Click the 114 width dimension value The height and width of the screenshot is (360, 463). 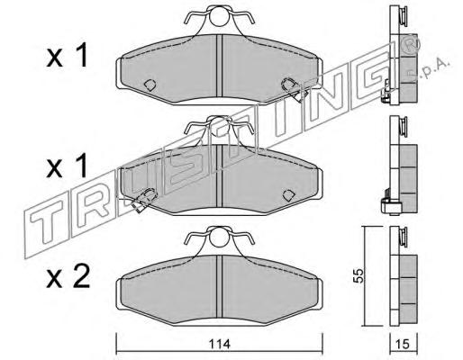[219, 344]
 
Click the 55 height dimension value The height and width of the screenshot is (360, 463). [359, 275]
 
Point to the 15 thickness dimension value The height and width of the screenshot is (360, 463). [404, 345]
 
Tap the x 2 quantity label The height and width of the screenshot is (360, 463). [68, 278]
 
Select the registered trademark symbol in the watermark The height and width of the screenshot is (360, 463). [411, 44]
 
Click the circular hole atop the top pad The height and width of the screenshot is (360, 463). [219, 16]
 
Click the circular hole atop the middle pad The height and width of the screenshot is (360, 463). [219, 127]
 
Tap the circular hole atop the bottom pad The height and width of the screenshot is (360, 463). [219, 238]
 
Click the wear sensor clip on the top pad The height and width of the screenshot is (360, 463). [294, 89]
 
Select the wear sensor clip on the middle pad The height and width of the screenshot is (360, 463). [145, 200]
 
